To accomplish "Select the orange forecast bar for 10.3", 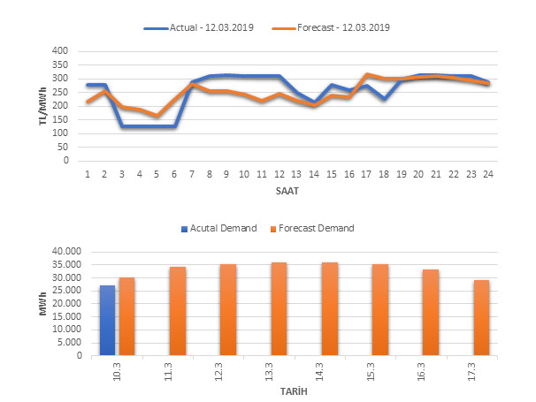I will [x=126, y=316].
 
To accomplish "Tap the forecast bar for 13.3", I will [x=279, y=309].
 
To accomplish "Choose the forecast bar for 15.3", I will [x=379, y=310].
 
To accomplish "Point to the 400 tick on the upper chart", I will [x=59, y=51].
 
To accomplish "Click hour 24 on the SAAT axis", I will [x=486, y=174].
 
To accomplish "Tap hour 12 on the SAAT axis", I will [x=278, y=174].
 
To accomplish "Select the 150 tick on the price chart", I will [x=59, y=119].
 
